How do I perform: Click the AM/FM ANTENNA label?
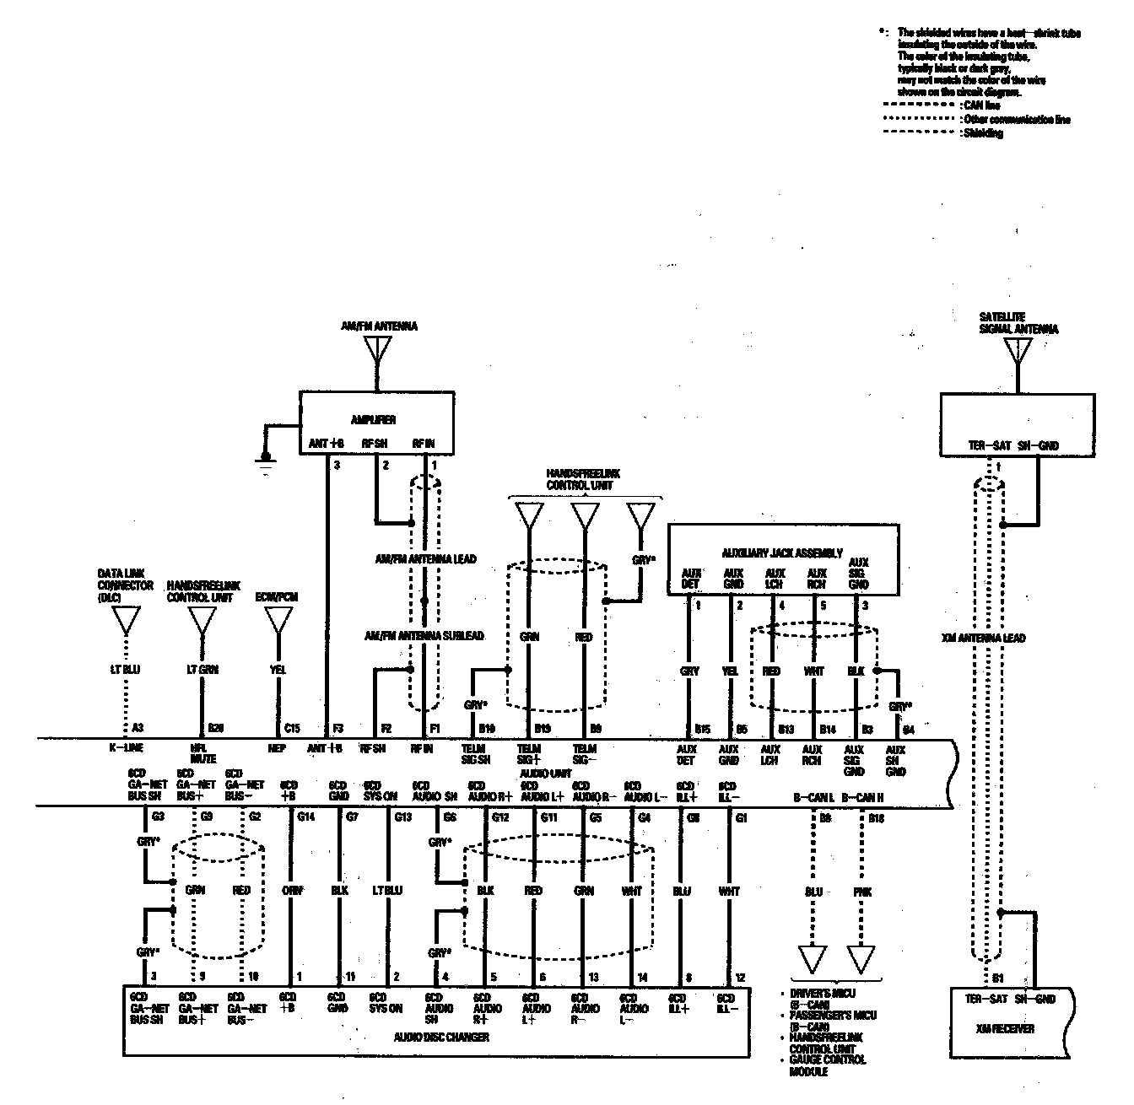pos(391,326)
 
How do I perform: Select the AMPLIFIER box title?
pos(375,419)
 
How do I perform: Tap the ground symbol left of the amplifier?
pos(267,463)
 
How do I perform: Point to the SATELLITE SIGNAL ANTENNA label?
pos(1018,323)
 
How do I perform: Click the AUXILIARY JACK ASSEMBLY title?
pos(781,553)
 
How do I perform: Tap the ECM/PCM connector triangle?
pos(278,621)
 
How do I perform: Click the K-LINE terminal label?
pos(126,748)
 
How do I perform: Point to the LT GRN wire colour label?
pos(202,670)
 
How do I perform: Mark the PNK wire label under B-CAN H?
pos(862,892)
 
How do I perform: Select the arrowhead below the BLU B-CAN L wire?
pos(813,960)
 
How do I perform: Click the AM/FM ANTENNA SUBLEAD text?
pos(424,635)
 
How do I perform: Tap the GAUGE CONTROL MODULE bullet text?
pos(827,1065)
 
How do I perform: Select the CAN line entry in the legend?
pos(980,105)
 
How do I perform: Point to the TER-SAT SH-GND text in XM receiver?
pos(1011,999)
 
